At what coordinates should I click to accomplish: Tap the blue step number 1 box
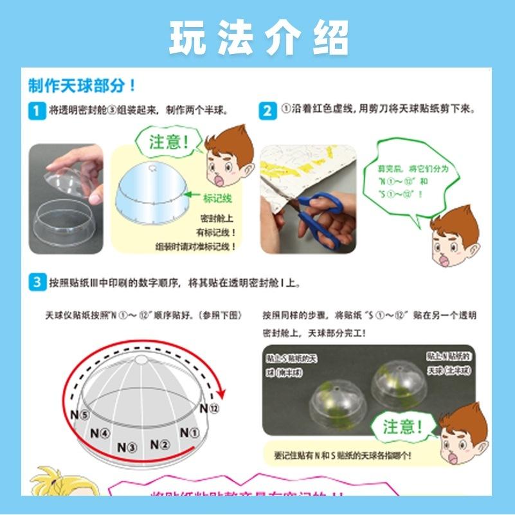(37, 111)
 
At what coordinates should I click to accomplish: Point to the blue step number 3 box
(37, 282)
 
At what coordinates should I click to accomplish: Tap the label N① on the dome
(189, 433)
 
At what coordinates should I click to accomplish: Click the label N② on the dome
(159, 444)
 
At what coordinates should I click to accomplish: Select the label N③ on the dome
(127, 446)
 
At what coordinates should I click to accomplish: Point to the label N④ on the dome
(100, 433)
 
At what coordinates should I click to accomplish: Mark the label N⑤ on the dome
(80, 415)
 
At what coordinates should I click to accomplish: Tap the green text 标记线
(217, 199)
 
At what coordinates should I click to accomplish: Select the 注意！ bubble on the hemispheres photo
(403, 426)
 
